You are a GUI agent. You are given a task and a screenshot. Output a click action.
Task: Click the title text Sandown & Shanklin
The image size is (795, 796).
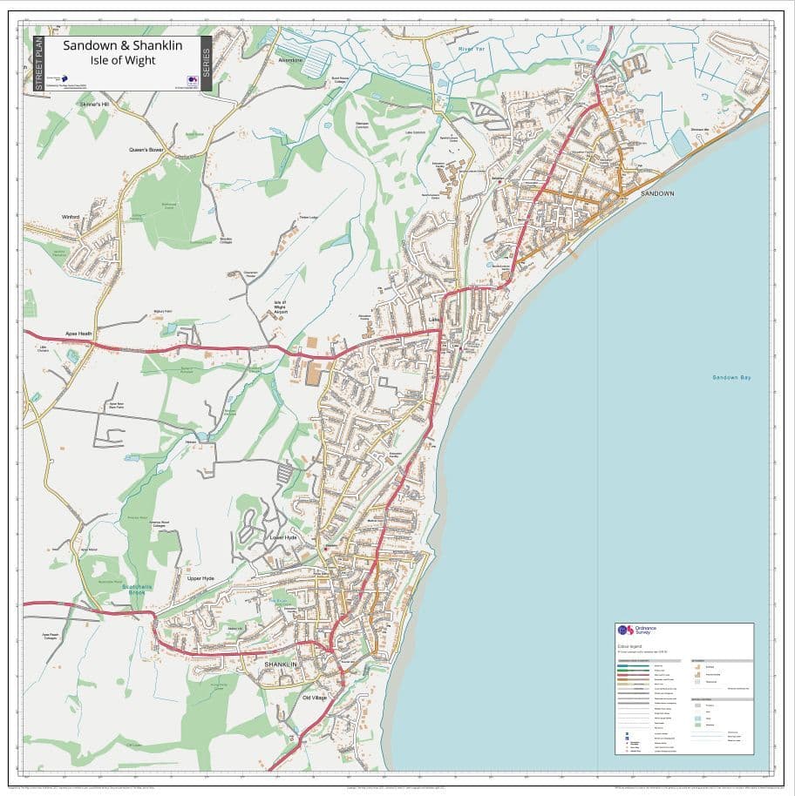click(123, 45)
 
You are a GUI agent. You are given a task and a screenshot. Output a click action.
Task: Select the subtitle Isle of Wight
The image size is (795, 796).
click(123, 60)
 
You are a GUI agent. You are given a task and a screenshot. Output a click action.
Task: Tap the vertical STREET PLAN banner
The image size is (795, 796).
click(38, 64)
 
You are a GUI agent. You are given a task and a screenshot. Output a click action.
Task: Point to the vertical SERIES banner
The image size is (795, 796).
click(206, 64)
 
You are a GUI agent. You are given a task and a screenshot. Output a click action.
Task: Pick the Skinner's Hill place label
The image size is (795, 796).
click(94, 105)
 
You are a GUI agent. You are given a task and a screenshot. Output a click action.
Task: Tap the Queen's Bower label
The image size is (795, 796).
click(146, 150)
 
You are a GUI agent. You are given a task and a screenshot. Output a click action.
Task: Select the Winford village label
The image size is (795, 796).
click(71, 216)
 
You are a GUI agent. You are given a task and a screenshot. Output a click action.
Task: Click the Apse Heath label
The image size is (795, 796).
click(78, 334)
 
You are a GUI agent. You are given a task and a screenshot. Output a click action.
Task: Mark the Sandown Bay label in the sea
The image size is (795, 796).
click(730, 377)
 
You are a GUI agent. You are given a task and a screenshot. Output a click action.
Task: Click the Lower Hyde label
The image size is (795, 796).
click(282, 538)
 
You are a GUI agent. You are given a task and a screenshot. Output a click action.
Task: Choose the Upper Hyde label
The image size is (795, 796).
click(200, 578)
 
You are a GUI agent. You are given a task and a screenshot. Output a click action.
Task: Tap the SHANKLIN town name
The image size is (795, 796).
click(281, 664)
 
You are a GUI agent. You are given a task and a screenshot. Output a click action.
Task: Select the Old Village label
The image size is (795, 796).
click(314, 698)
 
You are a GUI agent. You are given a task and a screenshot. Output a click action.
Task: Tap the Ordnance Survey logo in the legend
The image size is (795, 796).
click(636, 631)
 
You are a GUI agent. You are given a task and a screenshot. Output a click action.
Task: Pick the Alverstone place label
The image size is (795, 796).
click(289, 60)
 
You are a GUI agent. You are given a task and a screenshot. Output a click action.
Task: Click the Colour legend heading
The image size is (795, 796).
click(630, 646)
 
